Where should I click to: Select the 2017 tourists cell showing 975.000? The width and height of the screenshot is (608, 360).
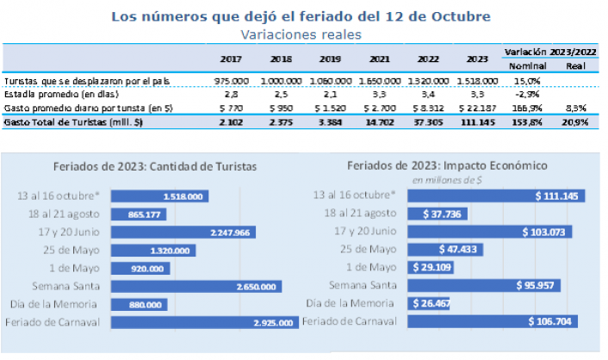[232, 80]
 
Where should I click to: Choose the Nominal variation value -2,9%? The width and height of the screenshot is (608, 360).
[523, 94]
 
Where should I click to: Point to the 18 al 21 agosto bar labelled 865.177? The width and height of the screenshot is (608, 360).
[128, 214]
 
